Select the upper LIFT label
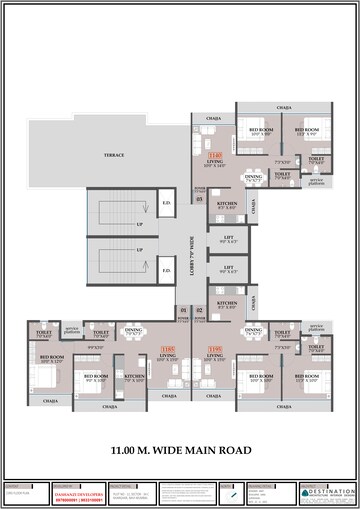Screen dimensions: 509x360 tap(227, 240)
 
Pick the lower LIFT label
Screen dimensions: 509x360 tap(227, 268)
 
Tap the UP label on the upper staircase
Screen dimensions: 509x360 tap(139, 223)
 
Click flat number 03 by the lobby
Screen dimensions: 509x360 tap(200, 200)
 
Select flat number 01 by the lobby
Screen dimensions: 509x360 tap(183, 310)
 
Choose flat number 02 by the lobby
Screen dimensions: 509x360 tap(200, 310)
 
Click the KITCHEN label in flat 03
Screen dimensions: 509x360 tap(227, 204)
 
